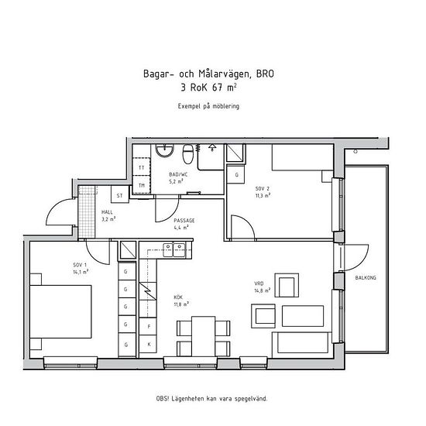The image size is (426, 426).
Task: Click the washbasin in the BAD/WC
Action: pyautogui.click(x=164, y=150)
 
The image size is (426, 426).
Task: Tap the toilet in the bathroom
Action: pyautogui.click(x=187, y=154)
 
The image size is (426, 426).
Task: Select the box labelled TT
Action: pyautogui.click(x=141, y=167)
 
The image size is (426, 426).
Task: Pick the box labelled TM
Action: pyautogui.click(x=141, y=185)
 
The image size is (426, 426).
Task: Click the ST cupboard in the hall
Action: pyautogui.click(x=120, y=194)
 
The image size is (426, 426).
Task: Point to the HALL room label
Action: pyautogui.click(x=107, y=212)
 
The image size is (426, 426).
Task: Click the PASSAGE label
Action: pyautogui.click(x=184, y=220)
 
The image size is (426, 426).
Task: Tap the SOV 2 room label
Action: pyautogui.click(x=263, y=188)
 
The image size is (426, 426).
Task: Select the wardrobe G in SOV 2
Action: pyautogui.click(x=235, y=174)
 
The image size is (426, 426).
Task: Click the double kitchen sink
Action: pyautogui.click(x=174, y=249)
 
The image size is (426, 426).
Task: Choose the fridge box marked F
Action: pyautogui.click(x=149, y=326)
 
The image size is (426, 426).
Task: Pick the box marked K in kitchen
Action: pyautogui.click(x=149, y=344)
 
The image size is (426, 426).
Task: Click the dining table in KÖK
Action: pyautogui.click(x=203, y=336)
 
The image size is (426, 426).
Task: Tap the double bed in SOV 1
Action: pyautogui.click(x=60, y=311)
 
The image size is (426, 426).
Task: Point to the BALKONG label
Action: pyautogui.click(x=366, y=277)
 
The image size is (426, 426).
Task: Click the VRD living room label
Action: pyautogui.click(x=259, y=283)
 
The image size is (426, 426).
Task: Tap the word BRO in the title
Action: pyautogui.click(x=265, y=74)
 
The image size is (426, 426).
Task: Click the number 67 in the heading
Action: pyautogui.click(x=218, y=88)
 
